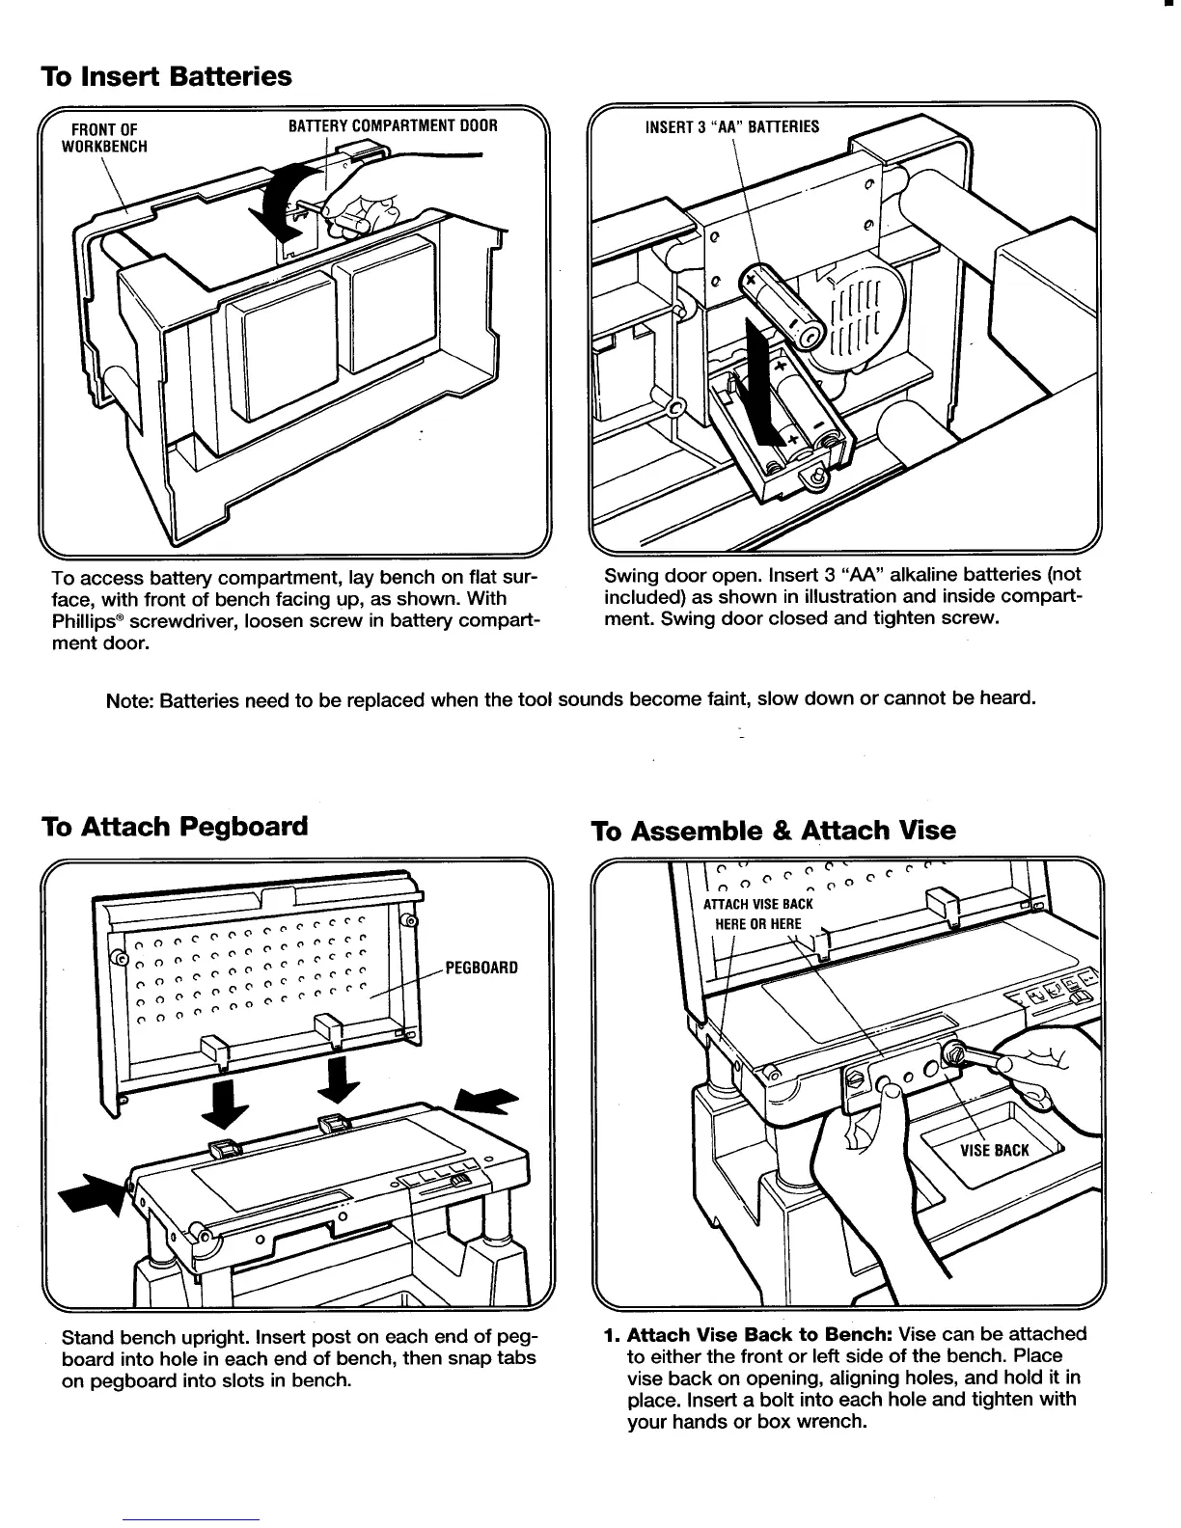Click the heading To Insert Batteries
click(165, 76)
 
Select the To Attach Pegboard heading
click(175, 827)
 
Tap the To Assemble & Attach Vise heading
click(773, 831)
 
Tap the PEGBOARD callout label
click(481, 967)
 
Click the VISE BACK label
click(994, 1150)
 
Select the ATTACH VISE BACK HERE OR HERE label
click(757, 914)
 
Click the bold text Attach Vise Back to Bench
click(760, 1335)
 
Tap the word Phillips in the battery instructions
click(83, 621)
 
